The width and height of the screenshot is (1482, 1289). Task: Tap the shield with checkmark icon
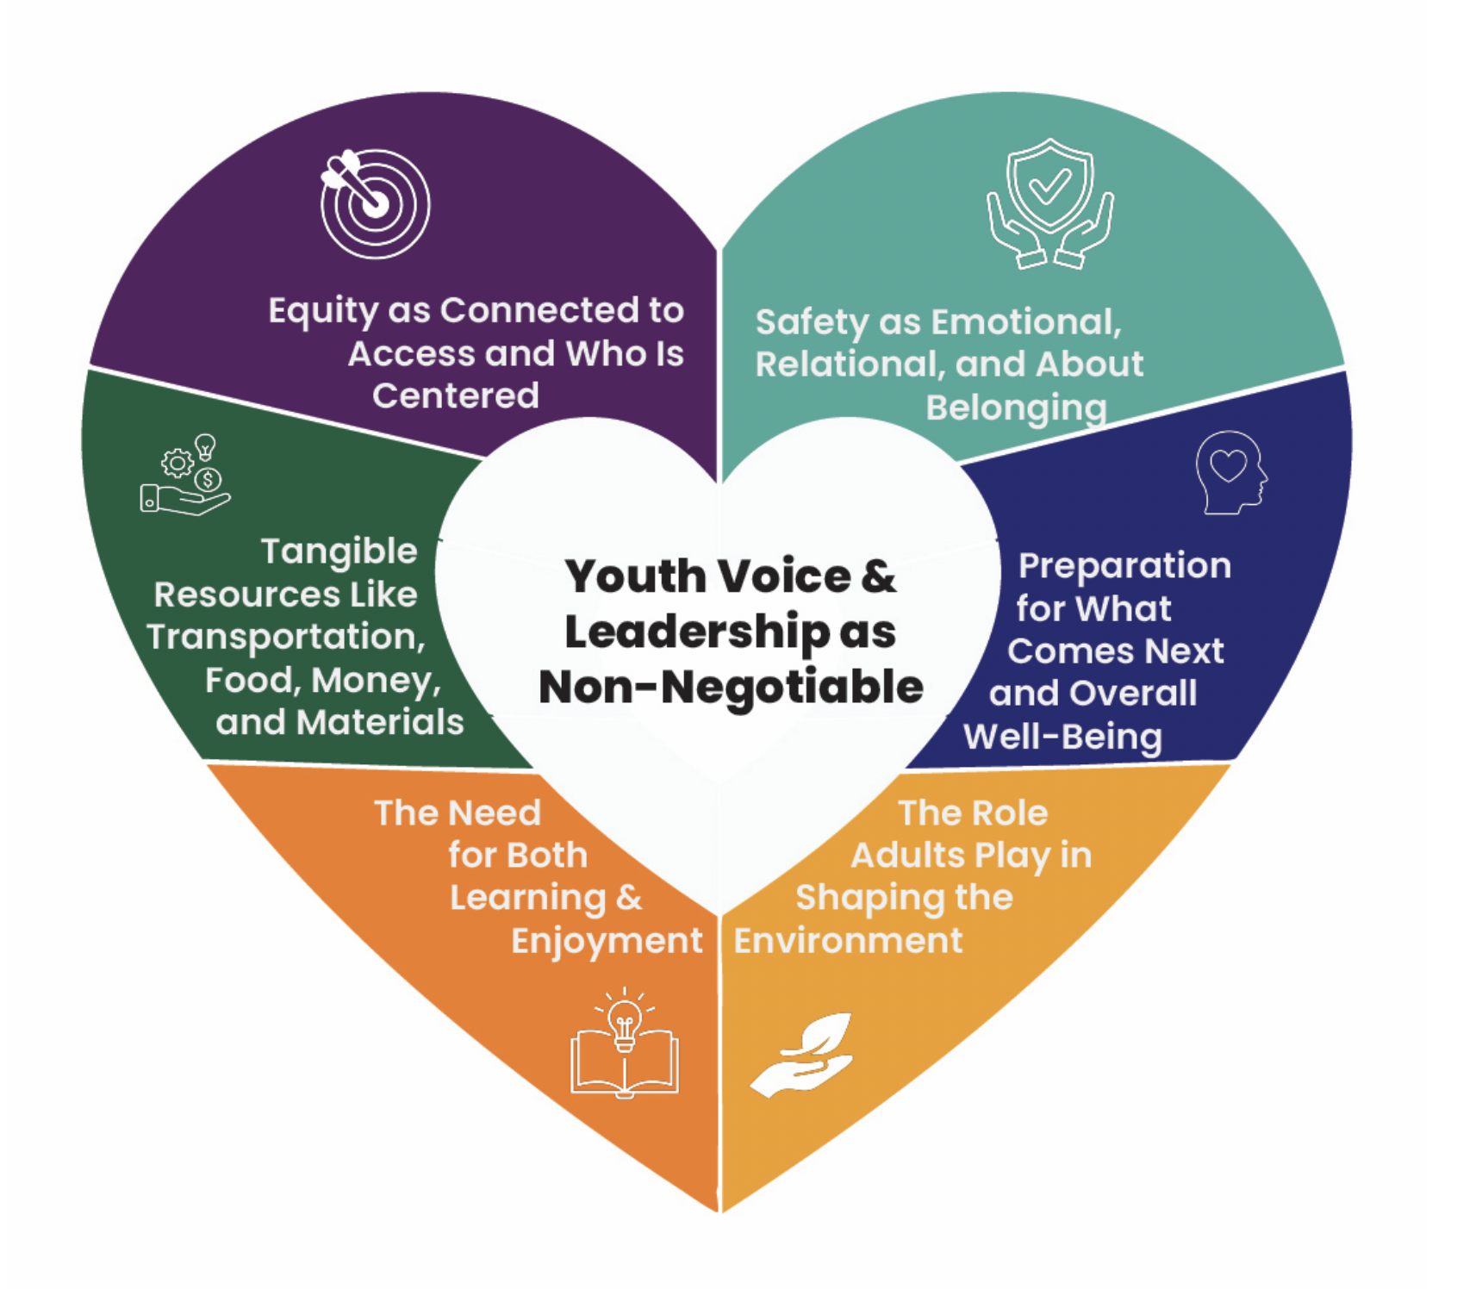pyautogui.click(x=1050, y=203)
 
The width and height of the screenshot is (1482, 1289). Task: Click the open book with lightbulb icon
pyautogui.click(x=625, y=1043)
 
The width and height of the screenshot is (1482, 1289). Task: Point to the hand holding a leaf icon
pyautogui.click(x=803, y=1055)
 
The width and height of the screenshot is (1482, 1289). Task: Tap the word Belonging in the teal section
pyautogui.click(x=1016, y=408)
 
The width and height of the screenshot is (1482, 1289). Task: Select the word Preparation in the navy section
pyautogui.click(x=1124, y=566)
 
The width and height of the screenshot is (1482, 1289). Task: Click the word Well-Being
pyautogui.click(x=1062, y=738)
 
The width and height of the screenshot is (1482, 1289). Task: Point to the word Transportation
pyautogui.click(x=286, y=638)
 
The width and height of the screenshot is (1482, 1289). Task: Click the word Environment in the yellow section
pyautogui.click(x=848, y=941)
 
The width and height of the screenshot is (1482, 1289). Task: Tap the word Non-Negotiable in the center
pyautogui.click(x=731, y=688)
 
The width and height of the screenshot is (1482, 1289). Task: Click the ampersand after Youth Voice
pyautogui.click(x=877, y=576)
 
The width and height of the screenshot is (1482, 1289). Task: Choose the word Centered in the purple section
pyautogui.click(x=455, y=396)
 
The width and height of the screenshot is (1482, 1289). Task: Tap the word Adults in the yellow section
pyautogui.click(x=907, y=856)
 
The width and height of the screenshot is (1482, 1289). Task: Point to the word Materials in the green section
pyautogui.click(x=380, y=723)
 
